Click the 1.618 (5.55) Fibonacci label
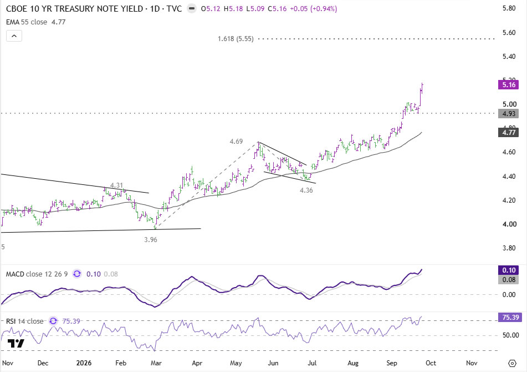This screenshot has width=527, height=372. coord(236,39)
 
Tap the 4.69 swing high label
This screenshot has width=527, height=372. coord(236,142)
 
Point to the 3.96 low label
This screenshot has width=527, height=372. coord(151,240)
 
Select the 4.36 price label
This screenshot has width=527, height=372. coord(306,190)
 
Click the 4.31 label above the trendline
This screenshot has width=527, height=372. coord(116,185)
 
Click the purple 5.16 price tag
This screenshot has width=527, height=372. coord(508,85)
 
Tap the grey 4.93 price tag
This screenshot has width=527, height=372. coord(508,114)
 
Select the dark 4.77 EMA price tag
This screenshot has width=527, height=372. coord(508,132)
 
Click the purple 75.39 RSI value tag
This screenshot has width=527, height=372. coord(510,318)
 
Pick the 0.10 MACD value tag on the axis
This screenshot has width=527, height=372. coord(508,270)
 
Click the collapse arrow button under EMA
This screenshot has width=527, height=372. coord(14,36)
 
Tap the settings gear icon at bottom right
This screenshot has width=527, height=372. coord(512,363)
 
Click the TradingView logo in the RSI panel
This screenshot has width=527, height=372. coord(16,343)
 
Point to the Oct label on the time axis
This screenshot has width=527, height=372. coord(431,363)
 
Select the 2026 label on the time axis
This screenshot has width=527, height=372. coord(84,363)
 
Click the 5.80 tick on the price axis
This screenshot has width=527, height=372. coord(509,8)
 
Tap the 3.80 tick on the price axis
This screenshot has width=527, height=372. coord(509,248)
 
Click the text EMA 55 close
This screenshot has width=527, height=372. coord(27,22)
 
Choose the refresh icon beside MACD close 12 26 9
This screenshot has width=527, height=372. coord(77,274)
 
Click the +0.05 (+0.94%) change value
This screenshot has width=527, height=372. coord(314,9)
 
